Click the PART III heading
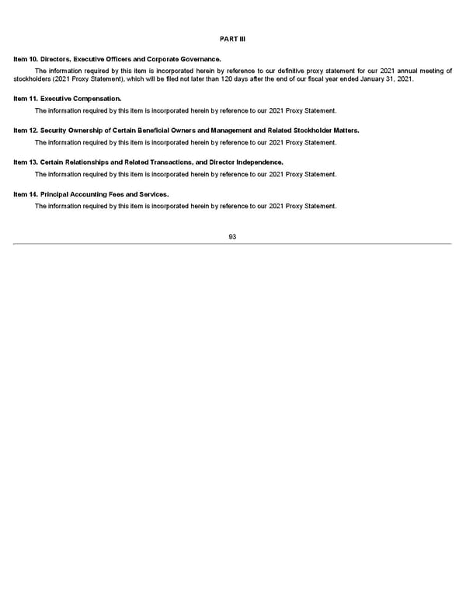(232, 39)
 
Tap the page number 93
(232, 236)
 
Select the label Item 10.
(26, 59)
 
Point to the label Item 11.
(26, 99)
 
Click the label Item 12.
(26, 131)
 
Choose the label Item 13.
(26, 162)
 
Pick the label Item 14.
(26, 193)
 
